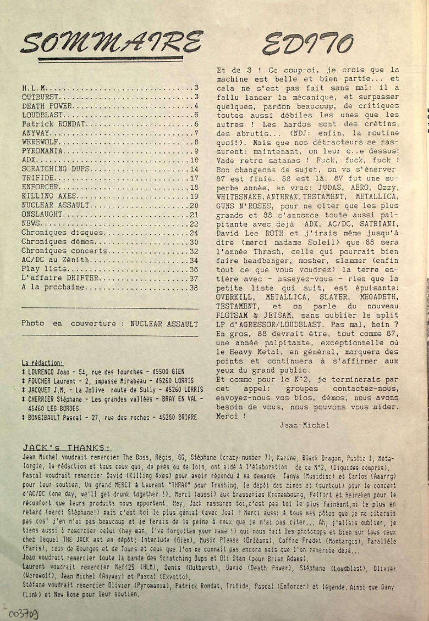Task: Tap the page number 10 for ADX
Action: coord(194,160)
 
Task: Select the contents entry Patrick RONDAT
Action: coord(53,124)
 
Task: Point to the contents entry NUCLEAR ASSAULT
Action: coord(56,205)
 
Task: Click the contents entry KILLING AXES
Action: coord(49,196)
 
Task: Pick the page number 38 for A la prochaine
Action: coord(194,288)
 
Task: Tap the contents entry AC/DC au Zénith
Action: coord(55,260)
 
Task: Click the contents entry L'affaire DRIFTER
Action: coord(60,279)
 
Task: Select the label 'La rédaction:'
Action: coord(43,363)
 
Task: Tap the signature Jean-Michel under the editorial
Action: coord(304,425)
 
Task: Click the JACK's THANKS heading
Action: coord(67,448)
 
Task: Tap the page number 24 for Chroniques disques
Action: coord(194,233)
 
